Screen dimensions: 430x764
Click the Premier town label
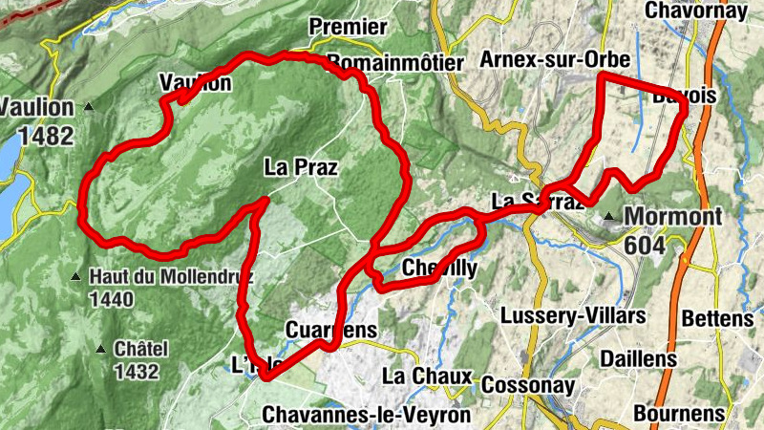[x=348, y=27]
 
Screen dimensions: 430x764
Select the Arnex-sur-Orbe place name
[x=556, y=60]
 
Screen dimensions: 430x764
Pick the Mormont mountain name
[x=672, y=216]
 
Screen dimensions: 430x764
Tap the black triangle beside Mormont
[x=608, y=217]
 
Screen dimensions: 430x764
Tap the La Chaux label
[x=427, y=376]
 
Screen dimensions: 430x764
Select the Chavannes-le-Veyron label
[x=365, y=415]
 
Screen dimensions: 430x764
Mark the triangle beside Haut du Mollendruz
[x=76, y=278]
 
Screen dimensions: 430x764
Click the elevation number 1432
[x=135, y=371]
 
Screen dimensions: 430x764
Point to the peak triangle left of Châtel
[x=102, y=349]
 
